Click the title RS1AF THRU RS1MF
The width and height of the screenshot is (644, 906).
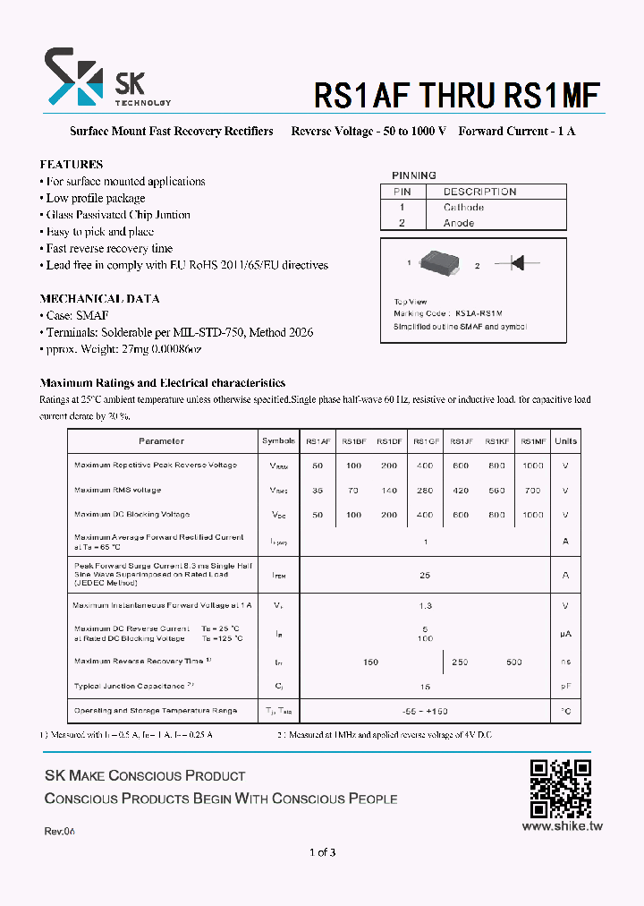click(x=456, y=95)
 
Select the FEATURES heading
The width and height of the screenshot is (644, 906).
click(x=72, y=165)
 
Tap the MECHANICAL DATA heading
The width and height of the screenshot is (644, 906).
click(x=99, y=299)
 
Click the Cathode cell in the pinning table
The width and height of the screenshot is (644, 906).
click(x=463, y=207)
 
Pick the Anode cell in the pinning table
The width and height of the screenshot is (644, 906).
click(x=458, y=223)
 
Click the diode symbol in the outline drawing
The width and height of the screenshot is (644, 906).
click(x=516, y=263)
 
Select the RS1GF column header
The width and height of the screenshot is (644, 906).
click(x=426, y=441)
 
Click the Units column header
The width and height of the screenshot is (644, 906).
click(x=565, y=441)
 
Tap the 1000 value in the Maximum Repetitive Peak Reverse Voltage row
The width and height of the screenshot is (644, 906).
click(x=532, y=466)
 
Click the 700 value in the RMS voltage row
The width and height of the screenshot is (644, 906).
click(x=532, y=491)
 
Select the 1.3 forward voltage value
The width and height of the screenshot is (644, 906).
click(x=425, y=606)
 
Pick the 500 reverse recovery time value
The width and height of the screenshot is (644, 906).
click(x=514, y=662)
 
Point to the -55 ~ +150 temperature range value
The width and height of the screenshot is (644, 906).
click(x=425, y=711)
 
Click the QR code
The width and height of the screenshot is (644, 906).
click(x=560, y=789)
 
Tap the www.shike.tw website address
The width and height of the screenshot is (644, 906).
click(x=561, y=826)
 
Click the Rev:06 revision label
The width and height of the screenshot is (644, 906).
click(x=60, y=832)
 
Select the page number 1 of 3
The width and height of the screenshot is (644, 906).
click(x=321, y=852)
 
